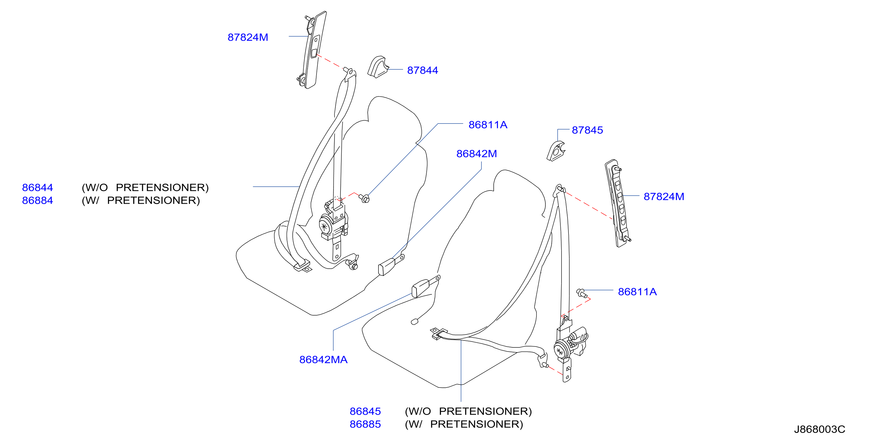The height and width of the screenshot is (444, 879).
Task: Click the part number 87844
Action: tap(422, 70)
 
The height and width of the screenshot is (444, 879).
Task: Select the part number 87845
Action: tap(587, 130)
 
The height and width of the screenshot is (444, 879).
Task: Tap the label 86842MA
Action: tap(323, 359)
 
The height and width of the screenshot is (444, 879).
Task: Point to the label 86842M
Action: tap(476, 153)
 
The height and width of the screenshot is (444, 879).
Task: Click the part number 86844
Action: tap(37, 187)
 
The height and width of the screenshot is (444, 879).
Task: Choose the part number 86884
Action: tap(37, 200)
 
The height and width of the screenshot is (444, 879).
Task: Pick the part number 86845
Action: tap(365, 411)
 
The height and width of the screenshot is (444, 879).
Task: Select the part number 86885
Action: tap(365, 424)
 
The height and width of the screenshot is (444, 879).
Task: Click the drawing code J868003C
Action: tap(820, 429)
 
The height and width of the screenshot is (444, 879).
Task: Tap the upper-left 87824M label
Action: tap(248, 37)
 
